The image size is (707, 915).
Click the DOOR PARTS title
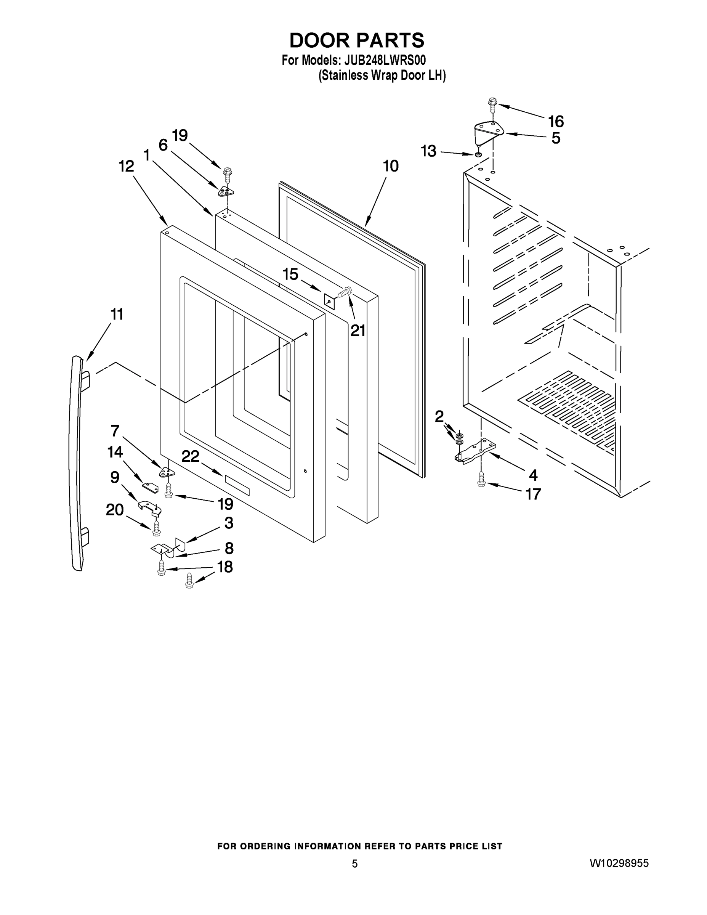tap(357, 41)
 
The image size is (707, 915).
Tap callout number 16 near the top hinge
tap(556, 122)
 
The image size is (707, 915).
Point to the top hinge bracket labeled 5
tap(488, 132)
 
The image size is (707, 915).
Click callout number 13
tap(428, 151)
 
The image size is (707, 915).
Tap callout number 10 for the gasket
tap(390, 166)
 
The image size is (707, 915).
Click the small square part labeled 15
tap(330, 300)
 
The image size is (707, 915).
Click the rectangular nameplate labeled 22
tap(237, 485)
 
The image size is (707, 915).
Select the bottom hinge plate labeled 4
tap(475, 452)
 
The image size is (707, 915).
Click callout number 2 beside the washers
tap(439, 416)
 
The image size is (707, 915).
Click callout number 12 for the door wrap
tap(126, 166)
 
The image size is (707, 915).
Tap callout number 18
tap(225, 567)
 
